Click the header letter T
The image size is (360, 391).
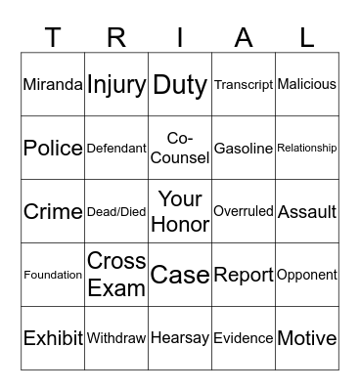pos(53,37)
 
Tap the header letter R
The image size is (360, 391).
pos(116,37)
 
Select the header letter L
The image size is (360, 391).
pos(307,37)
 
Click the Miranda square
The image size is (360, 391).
pos(53,84)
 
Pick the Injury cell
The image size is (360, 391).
pos(116,84)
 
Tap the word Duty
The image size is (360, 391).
pos(180,84)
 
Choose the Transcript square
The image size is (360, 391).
pos(244,84)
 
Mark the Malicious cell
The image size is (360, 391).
pos(307,84)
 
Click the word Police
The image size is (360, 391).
pos(53,148)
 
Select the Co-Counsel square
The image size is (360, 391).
pos(180,148)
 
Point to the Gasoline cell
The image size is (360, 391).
pos(244,148)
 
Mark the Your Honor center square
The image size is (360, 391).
pos(180,211)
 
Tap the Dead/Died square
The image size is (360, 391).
pos(116,211)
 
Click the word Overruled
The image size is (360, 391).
pos(244,211)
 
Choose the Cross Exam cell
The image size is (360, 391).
pos(116,275)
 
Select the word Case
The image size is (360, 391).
pos(180,275)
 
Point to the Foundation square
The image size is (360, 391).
pos(53,275)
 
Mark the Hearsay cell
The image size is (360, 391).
pos(180,338)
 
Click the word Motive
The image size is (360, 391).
pos(307,338)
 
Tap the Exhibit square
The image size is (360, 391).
pos(53,338)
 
